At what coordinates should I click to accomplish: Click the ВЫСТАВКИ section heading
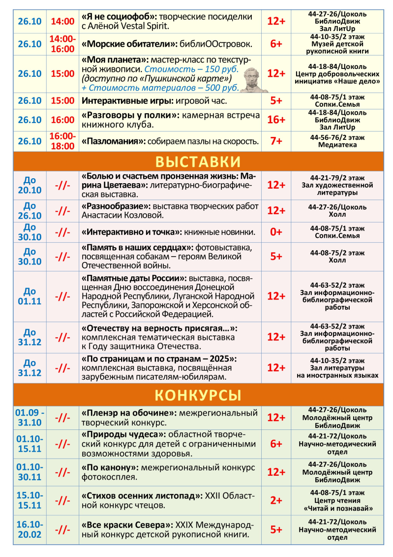point(198,162)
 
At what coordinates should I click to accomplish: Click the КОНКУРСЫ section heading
point(198,395)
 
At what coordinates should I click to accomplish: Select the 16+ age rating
point(276,120)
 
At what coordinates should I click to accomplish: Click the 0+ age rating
point(276,231)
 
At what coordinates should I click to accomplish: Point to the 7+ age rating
point(276,141)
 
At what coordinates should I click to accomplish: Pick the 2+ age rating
point(276,500)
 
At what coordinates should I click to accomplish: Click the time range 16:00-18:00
point(62,141)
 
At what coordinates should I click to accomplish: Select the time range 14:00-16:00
point(62,44)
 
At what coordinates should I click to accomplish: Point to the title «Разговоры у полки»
point(130,115)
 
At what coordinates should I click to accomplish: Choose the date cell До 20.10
point(30,185)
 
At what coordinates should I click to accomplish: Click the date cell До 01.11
point(30,296)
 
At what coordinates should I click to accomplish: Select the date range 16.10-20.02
point(30,529)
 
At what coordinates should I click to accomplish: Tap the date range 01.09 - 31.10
point(30,417)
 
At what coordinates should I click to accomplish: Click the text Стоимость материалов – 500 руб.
point(160,87)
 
